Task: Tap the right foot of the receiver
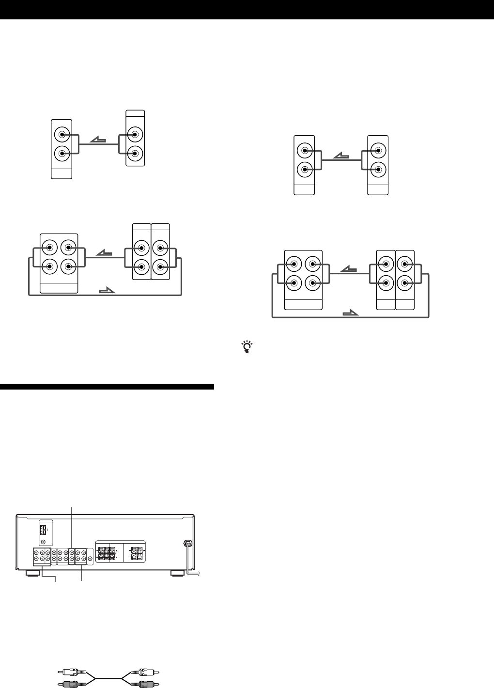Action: (178, 573)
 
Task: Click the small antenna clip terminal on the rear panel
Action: (43, 531)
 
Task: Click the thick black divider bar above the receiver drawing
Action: (107, 387)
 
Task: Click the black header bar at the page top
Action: (247, 9)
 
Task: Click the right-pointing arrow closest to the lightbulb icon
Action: (350, 313)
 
